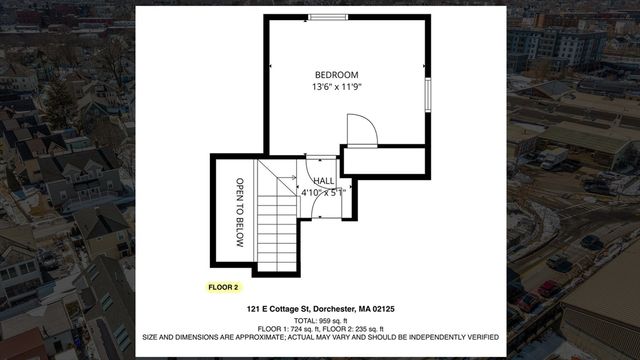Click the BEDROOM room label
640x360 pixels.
pyautogui.click(x=336, y=75)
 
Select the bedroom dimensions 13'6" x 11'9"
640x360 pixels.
pyautogui.click(x=336, y=88)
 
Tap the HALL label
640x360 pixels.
pyautogui.click(x=324, y=180)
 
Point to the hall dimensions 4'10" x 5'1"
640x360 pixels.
pyautogui.click(x=323, y=192)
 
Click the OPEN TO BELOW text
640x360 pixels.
pyautogui.click(x=240, y=212)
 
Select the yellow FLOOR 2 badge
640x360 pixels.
pyautogui.click(x=223, y=287)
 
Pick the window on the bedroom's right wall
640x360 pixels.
pyautogui.click(x=428, y=94)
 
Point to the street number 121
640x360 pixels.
pyautogui.click(x=255, y=312)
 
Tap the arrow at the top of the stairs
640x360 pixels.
pyautogui.click(x=288, y=176)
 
